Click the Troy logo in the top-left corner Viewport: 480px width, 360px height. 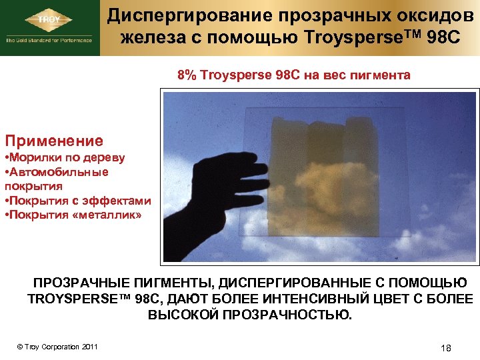(50, 19)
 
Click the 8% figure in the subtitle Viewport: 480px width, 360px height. (186, 75)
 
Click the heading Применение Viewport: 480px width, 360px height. (54, 141)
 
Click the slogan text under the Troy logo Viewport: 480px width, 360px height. (50, 41)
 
